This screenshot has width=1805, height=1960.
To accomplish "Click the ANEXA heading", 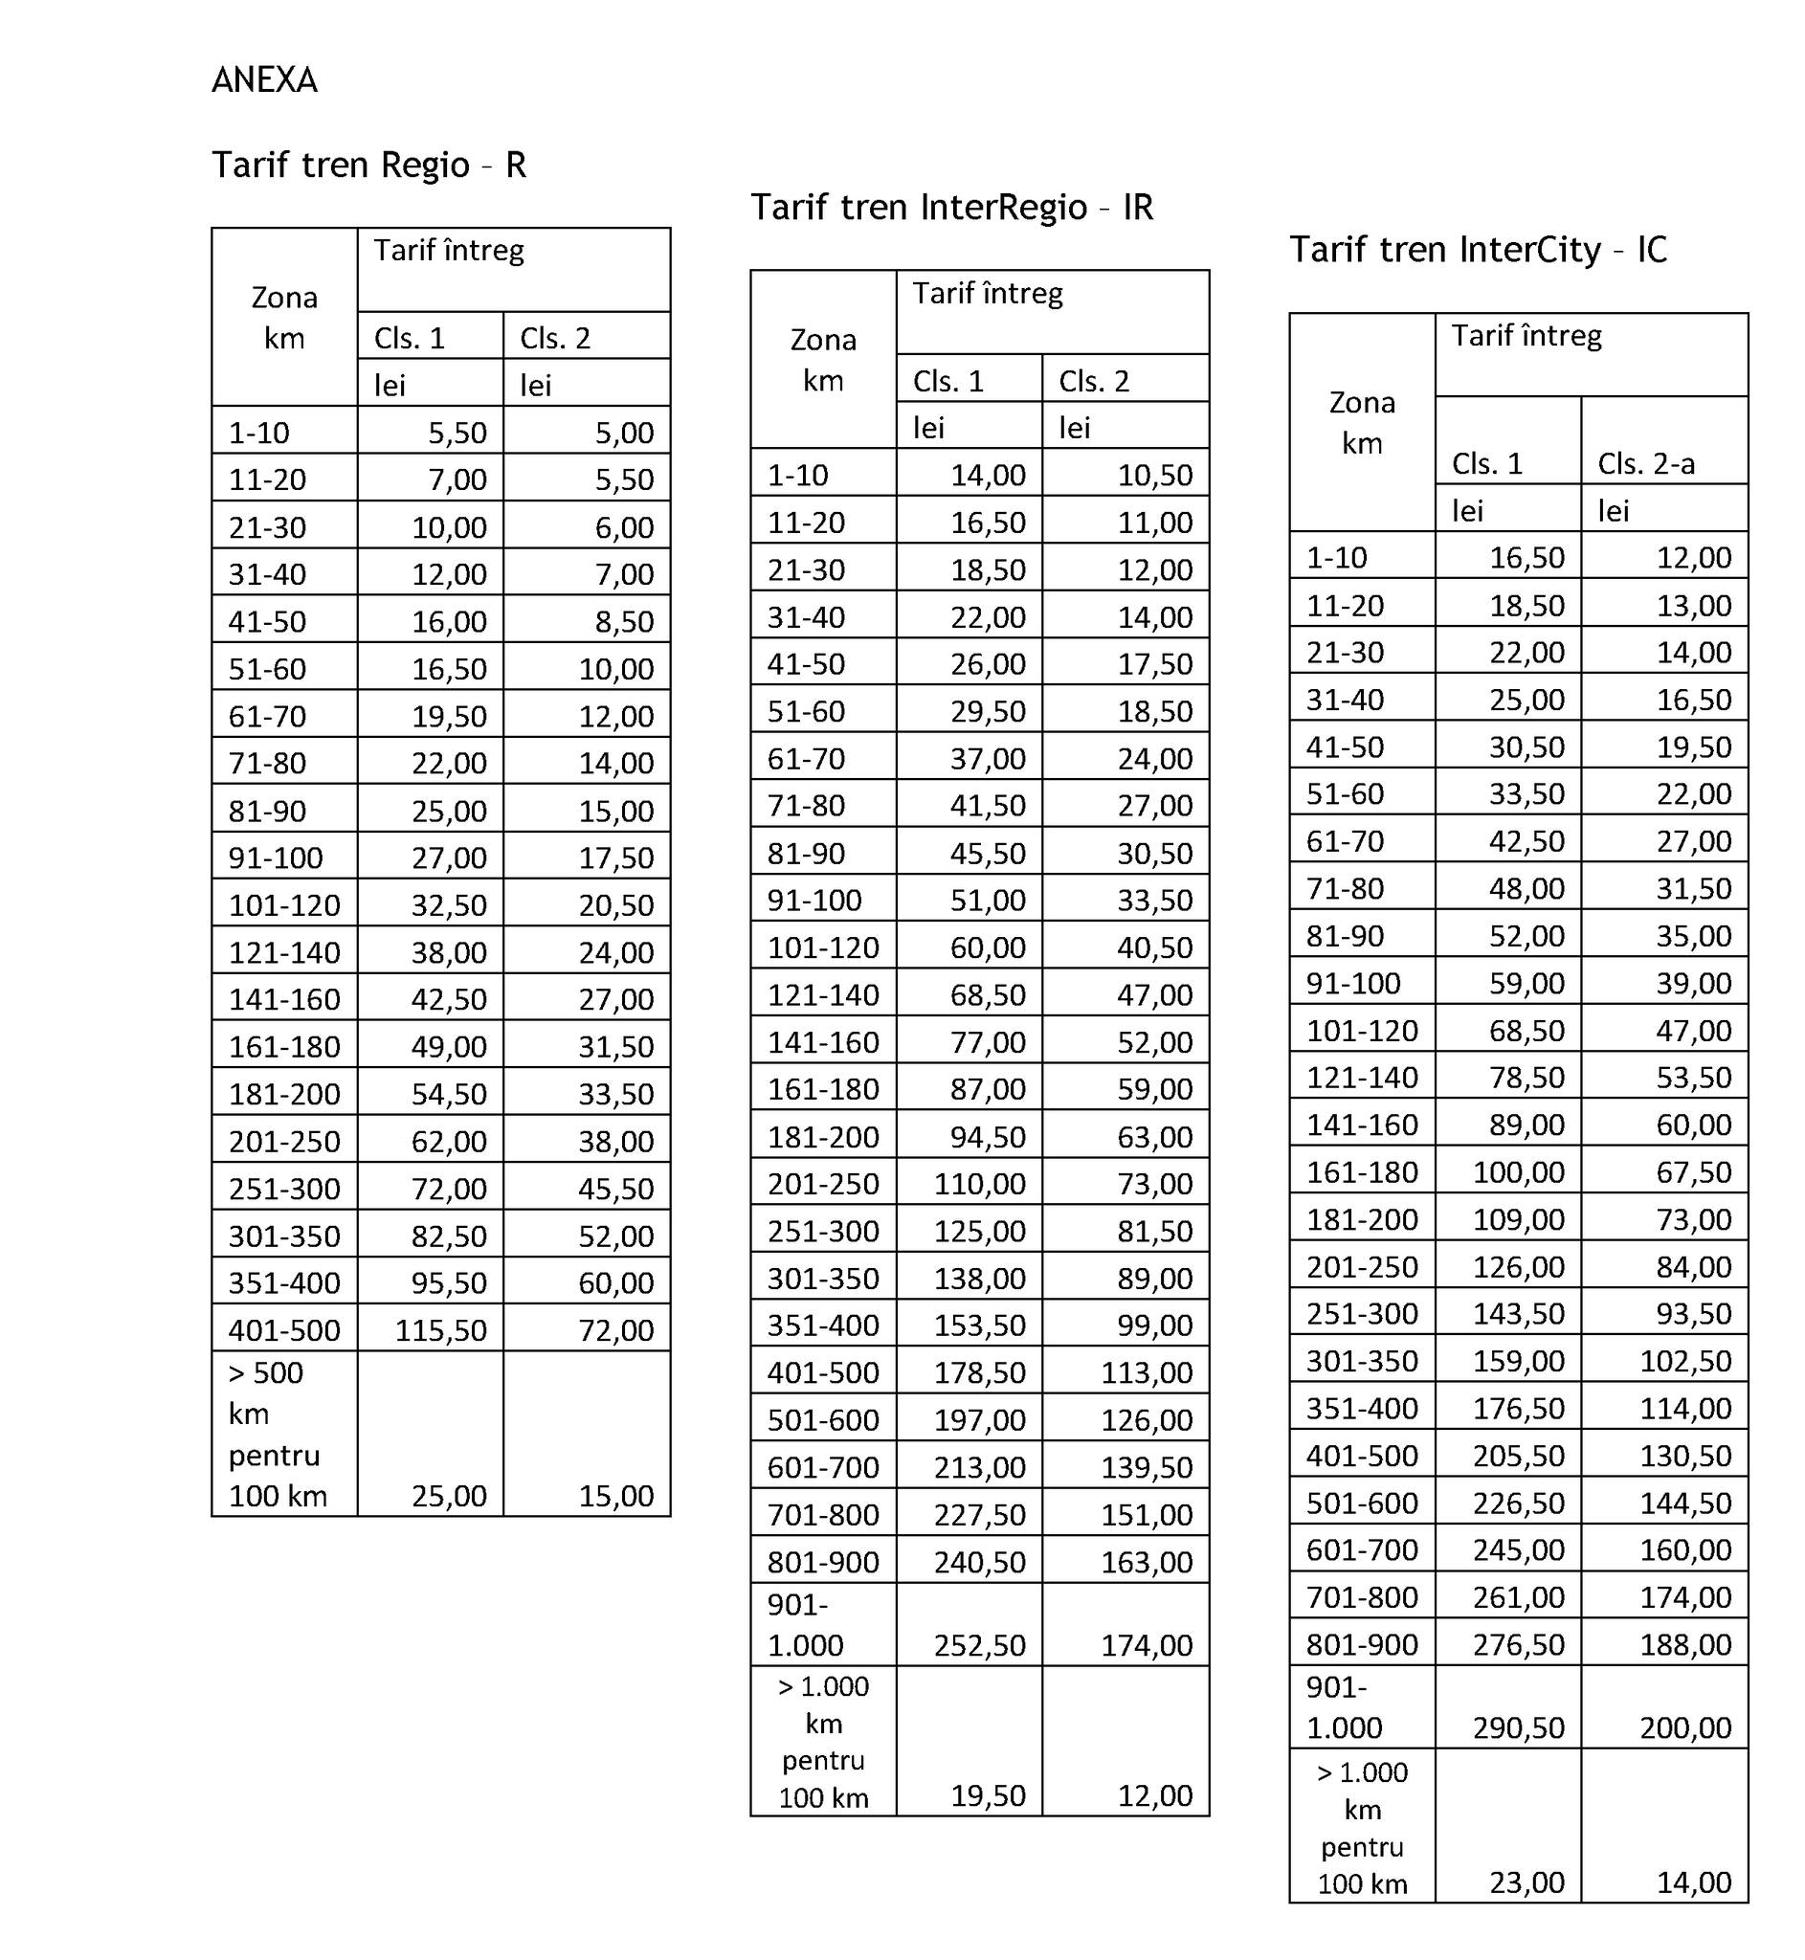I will tap(264, 80).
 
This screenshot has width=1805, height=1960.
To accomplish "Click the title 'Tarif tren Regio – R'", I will tap(368, 165).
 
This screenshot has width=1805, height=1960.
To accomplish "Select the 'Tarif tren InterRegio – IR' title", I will tap(951, 207).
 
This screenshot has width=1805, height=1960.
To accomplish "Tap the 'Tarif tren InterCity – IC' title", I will tap(1478, 250).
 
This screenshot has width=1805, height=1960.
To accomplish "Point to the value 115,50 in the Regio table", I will tap(440, 1330).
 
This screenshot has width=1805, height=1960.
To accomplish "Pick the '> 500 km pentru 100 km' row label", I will tap(278, 1434).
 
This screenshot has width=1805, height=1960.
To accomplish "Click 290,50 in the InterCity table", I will tap(1518, 1726).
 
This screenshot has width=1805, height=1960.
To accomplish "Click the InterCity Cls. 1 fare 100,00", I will tap(1518, 1172).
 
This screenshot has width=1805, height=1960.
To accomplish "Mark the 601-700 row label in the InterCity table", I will tap(1362, 1549).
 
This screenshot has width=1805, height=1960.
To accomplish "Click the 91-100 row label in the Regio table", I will tap(276, 857).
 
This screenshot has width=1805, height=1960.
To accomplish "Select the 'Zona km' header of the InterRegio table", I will tap(822, 360).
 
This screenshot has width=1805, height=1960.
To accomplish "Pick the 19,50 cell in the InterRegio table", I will tap(988, 1795).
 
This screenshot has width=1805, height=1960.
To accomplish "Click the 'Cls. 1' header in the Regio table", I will tap(410, 338).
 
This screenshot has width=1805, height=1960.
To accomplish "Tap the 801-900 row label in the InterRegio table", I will tap(822, 1562).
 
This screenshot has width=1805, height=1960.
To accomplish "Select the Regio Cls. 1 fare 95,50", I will tap(448, 1282).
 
